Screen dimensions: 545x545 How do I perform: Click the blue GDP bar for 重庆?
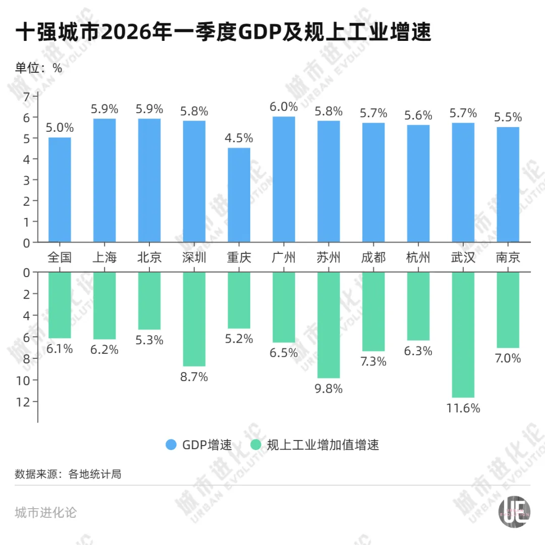point(239,195)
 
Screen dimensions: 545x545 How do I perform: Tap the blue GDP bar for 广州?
point(284,179)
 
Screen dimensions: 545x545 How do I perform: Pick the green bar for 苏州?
point(329,325)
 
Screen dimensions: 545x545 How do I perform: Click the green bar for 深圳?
point(194,319)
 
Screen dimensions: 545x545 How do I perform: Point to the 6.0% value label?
point(284,106)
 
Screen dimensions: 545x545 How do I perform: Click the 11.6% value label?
point(463,408)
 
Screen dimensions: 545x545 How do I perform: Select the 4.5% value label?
point(239,138)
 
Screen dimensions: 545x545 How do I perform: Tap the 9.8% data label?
point(329,389)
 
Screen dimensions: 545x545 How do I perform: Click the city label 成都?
point(373,257)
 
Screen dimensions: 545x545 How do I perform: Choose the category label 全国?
point(60,257)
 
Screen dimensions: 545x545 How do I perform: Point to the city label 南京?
point(508,257)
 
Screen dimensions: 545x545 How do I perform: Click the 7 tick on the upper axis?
point(27,96)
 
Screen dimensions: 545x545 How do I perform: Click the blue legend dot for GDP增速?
point(171,445)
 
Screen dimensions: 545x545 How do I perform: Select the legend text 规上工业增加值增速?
point(322,445)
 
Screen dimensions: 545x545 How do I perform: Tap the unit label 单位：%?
point(38,68)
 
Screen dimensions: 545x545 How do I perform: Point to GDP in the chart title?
point(256,33)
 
